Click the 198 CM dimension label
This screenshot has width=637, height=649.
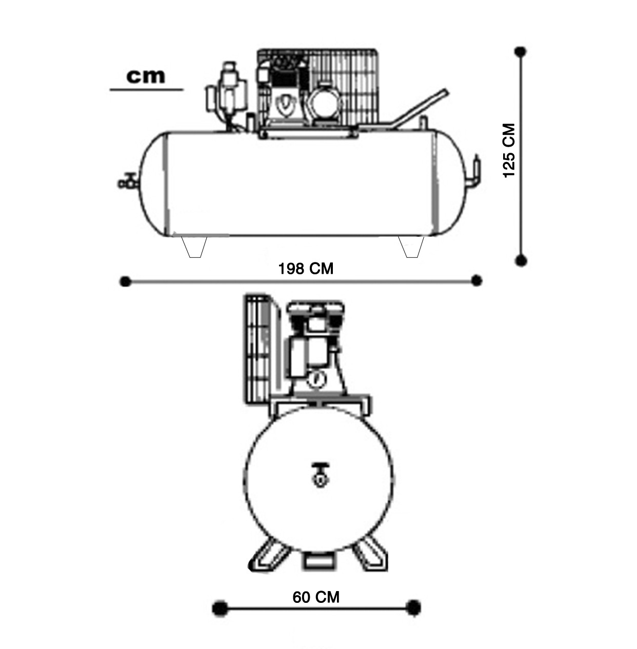306,269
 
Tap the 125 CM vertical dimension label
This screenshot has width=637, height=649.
509,150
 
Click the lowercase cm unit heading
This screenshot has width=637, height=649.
146,76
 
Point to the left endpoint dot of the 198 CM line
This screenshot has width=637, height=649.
125,281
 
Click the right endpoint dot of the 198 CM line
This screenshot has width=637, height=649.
476,280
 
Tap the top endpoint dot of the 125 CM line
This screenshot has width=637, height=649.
521,52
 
